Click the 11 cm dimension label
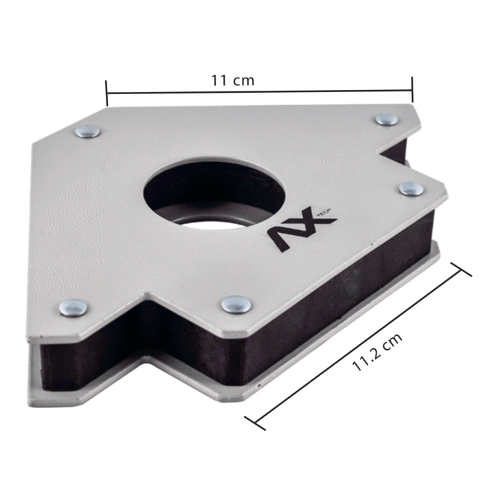pos(233,80)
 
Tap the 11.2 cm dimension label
pos(377,352)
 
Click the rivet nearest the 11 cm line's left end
pos(88,131)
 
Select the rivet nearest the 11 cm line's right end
pos(386,119)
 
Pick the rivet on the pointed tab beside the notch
pos(412,189)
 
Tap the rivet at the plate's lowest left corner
pos(73,308)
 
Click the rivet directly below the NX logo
pos(236,304)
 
